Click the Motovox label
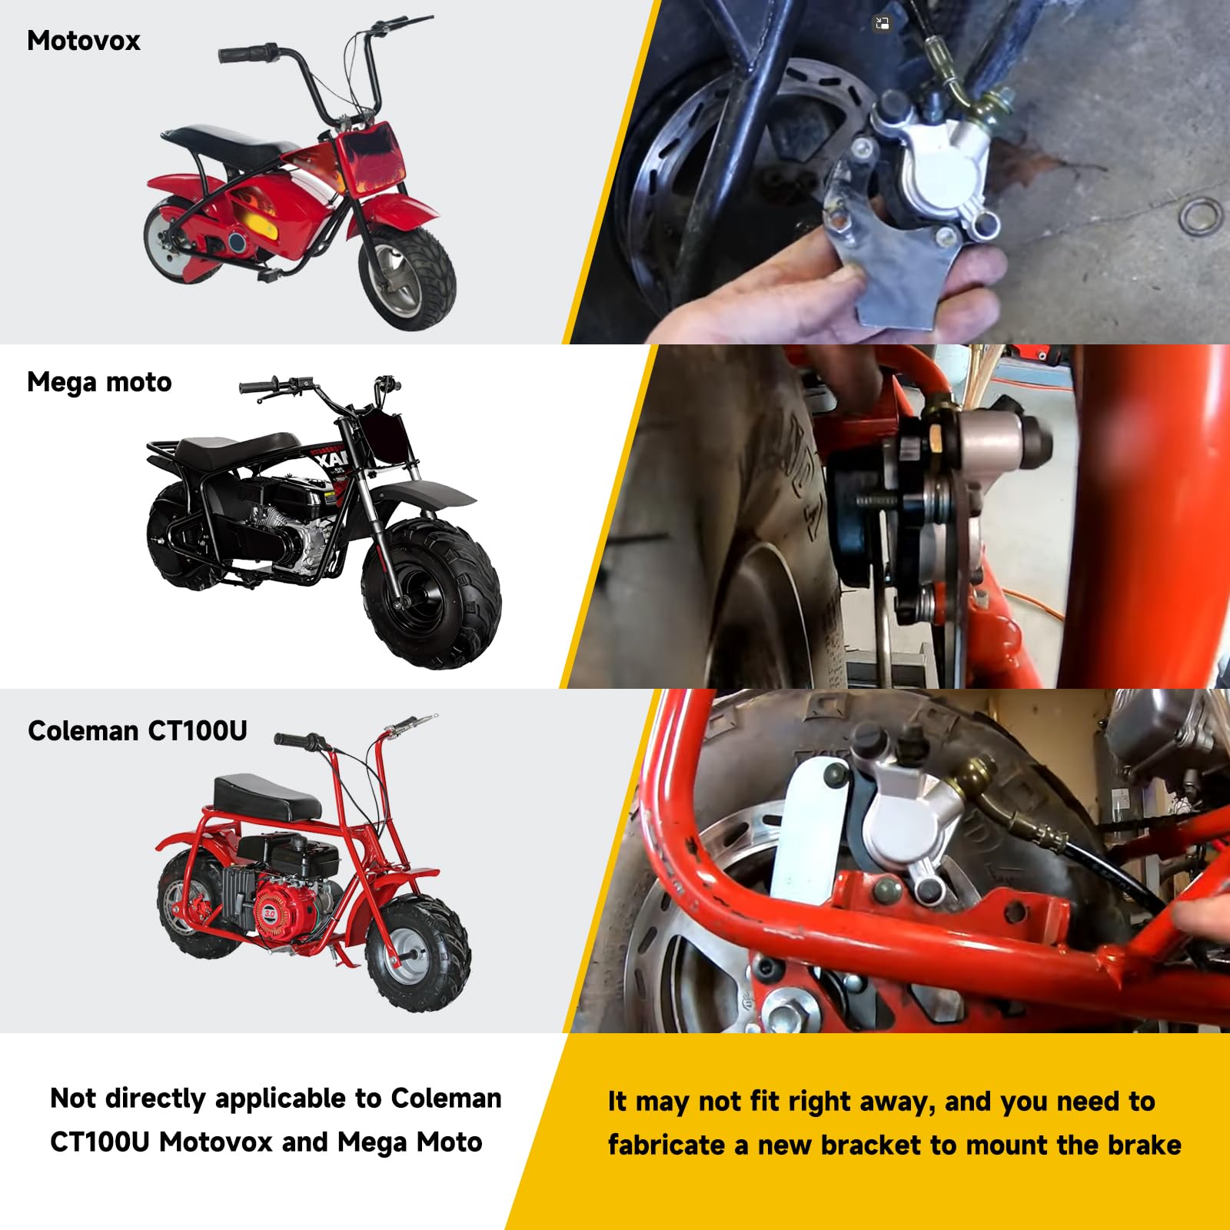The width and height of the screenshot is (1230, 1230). (x=83, y=41)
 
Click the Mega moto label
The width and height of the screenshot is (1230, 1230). (x=99, y=382)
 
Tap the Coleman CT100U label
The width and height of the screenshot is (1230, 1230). (x=137, y=730)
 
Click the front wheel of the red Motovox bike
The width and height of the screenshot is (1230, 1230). (x=407, y=278)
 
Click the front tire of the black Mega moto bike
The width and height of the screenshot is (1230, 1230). (x=432, y=592)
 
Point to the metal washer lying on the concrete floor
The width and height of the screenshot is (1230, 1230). (x=1200, y=216)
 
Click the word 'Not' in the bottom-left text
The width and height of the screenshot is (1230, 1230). (x=74, y=1098)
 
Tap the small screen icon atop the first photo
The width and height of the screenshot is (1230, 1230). (x=882, y=24)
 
